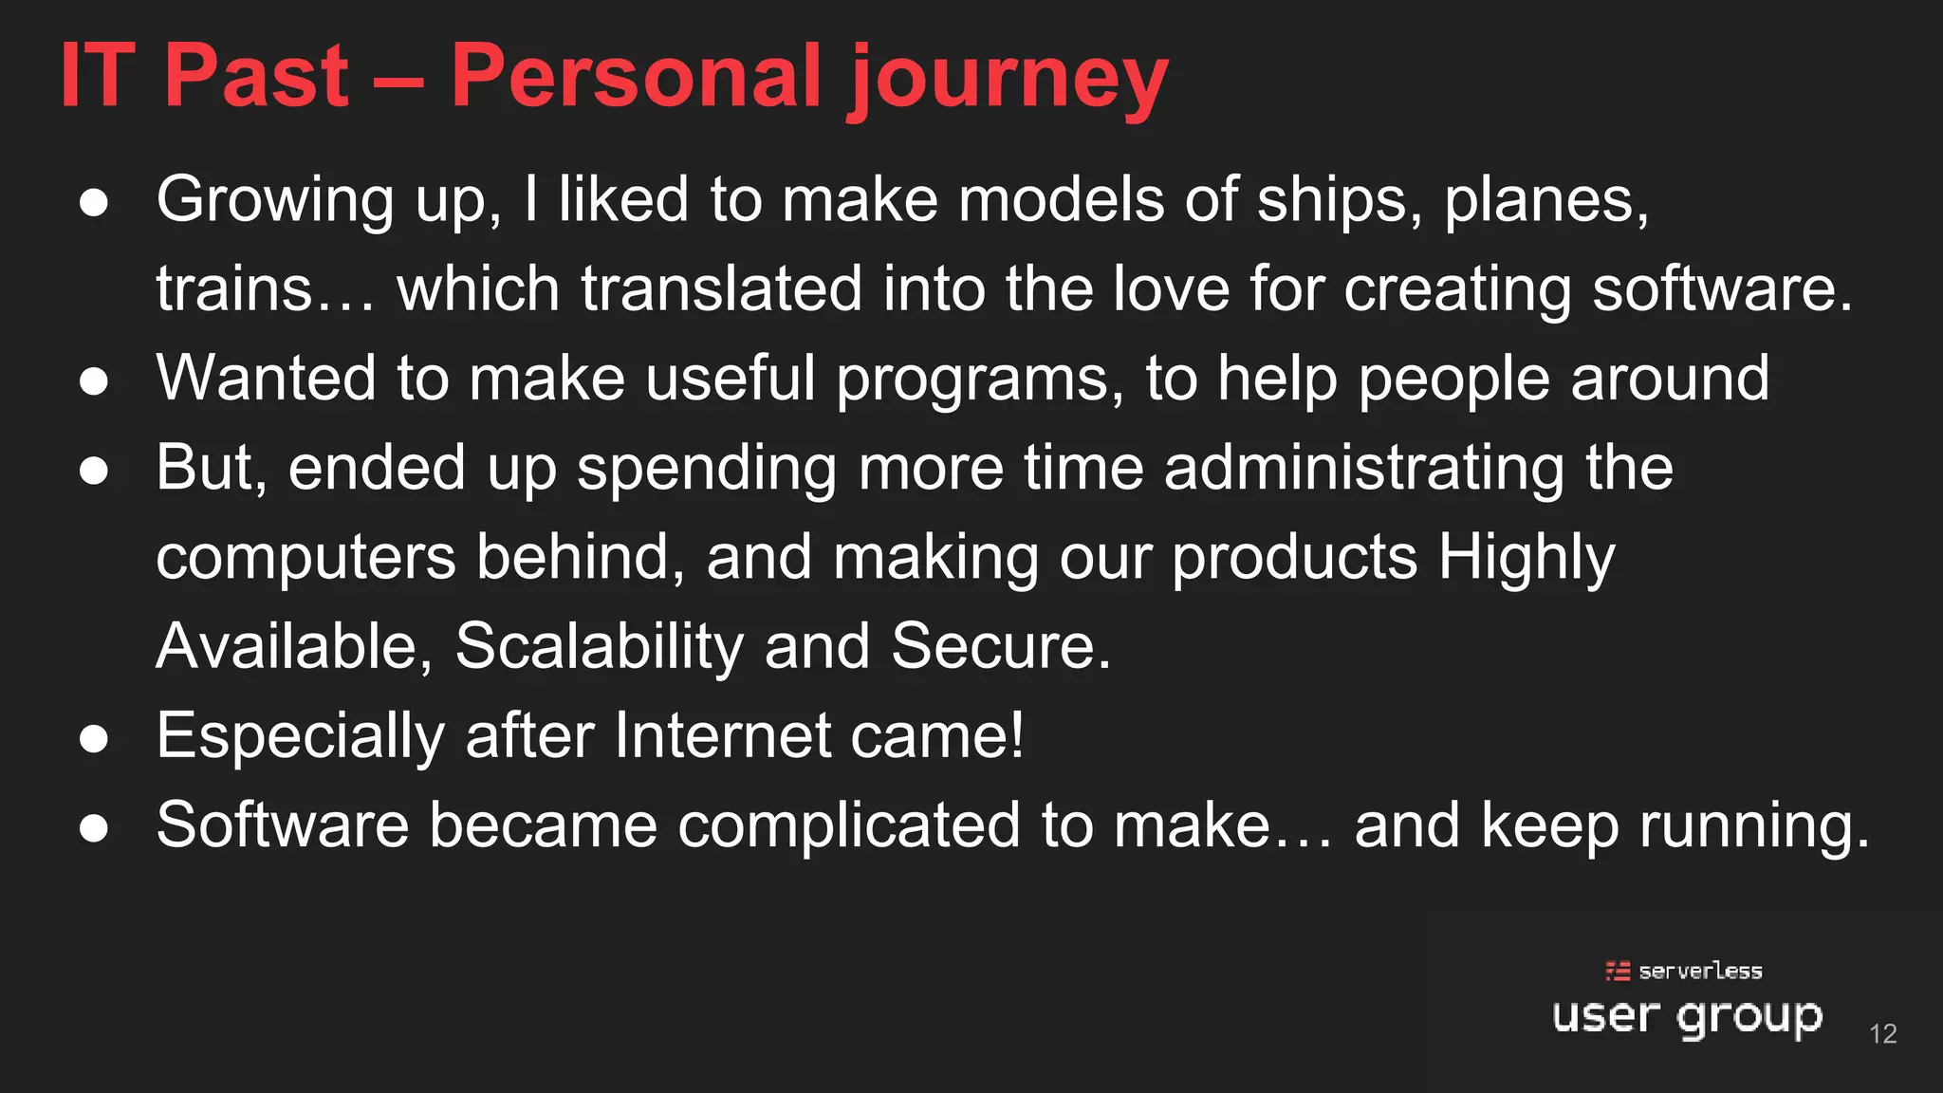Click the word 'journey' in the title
click(1009, 78)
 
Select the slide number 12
click(1882, 1033)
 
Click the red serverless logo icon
click(1618, 971)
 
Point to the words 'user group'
click(1687, 1017)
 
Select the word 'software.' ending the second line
click(1722, 289)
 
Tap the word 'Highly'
click(1526, 558)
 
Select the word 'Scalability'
click(600, 646)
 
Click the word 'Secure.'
click(1001, 646)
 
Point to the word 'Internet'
click(721, 735)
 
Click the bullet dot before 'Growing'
click(94, 203)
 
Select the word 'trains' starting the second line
click(234, 289)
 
